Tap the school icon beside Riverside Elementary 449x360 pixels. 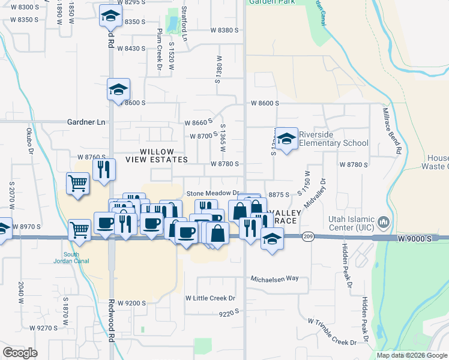[287, 139]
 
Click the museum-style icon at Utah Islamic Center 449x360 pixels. [384, 223]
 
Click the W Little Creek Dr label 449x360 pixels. [210, 298]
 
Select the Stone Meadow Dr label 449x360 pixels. [213, 193]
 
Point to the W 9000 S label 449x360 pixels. [414, 239]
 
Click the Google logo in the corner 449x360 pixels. [20, 352]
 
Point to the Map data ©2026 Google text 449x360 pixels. [411, 355]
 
